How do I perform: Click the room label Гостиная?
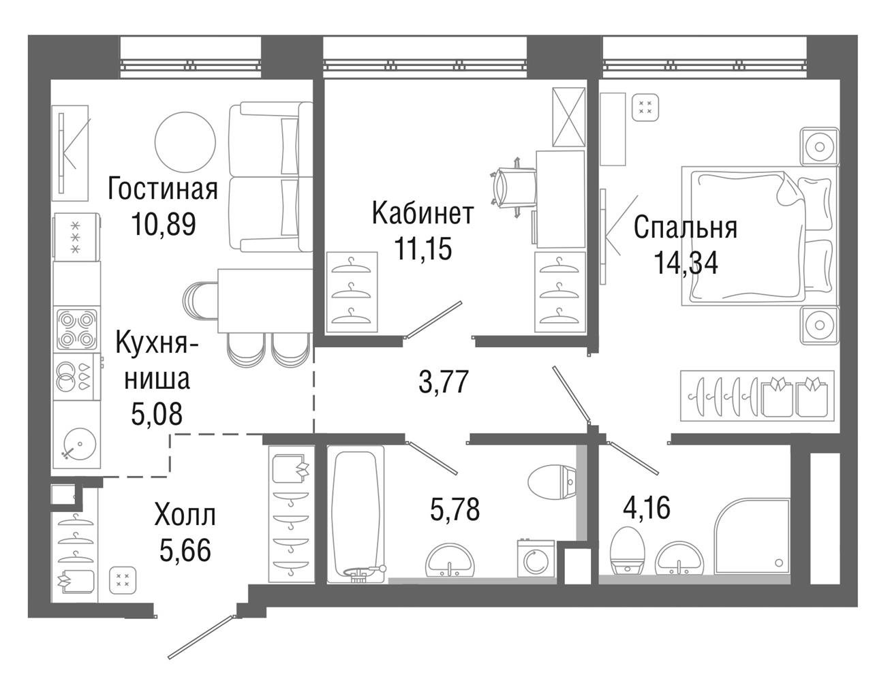(x=163, y=189)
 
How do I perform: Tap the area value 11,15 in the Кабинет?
(x=423, y=249)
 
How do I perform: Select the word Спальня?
(x=685, y=228)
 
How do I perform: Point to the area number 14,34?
(x=686, y=262)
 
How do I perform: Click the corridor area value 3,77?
(x=444, y=381)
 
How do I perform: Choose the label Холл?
(x=185, y=516)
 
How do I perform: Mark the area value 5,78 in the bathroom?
(x=455, y=509)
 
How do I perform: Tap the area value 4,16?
(x=647, y=507)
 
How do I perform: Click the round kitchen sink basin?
(x=80, y=444)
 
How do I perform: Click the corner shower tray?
(x=752, y=536)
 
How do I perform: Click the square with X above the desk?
(x=569, y=116)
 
